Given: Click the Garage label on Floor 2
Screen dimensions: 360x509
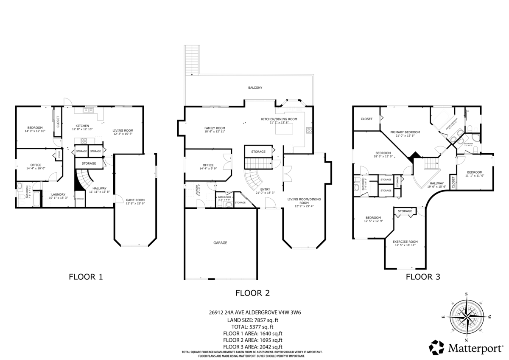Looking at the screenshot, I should coord(220,243).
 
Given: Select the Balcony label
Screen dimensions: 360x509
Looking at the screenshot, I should coord(255,87).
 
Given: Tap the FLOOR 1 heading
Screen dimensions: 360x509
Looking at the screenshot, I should coord(86,277).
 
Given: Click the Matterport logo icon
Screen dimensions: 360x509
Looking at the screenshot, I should coord(436,348).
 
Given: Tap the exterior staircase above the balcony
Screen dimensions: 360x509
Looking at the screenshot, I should coord(192,60).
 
